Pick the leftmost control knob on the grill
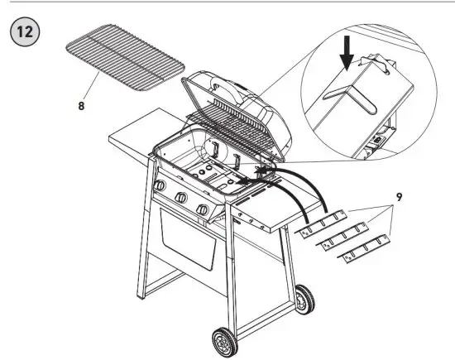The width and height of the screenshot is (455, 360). point(157,189)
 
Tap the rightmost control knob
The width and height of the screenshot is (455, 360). point(201,210)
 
